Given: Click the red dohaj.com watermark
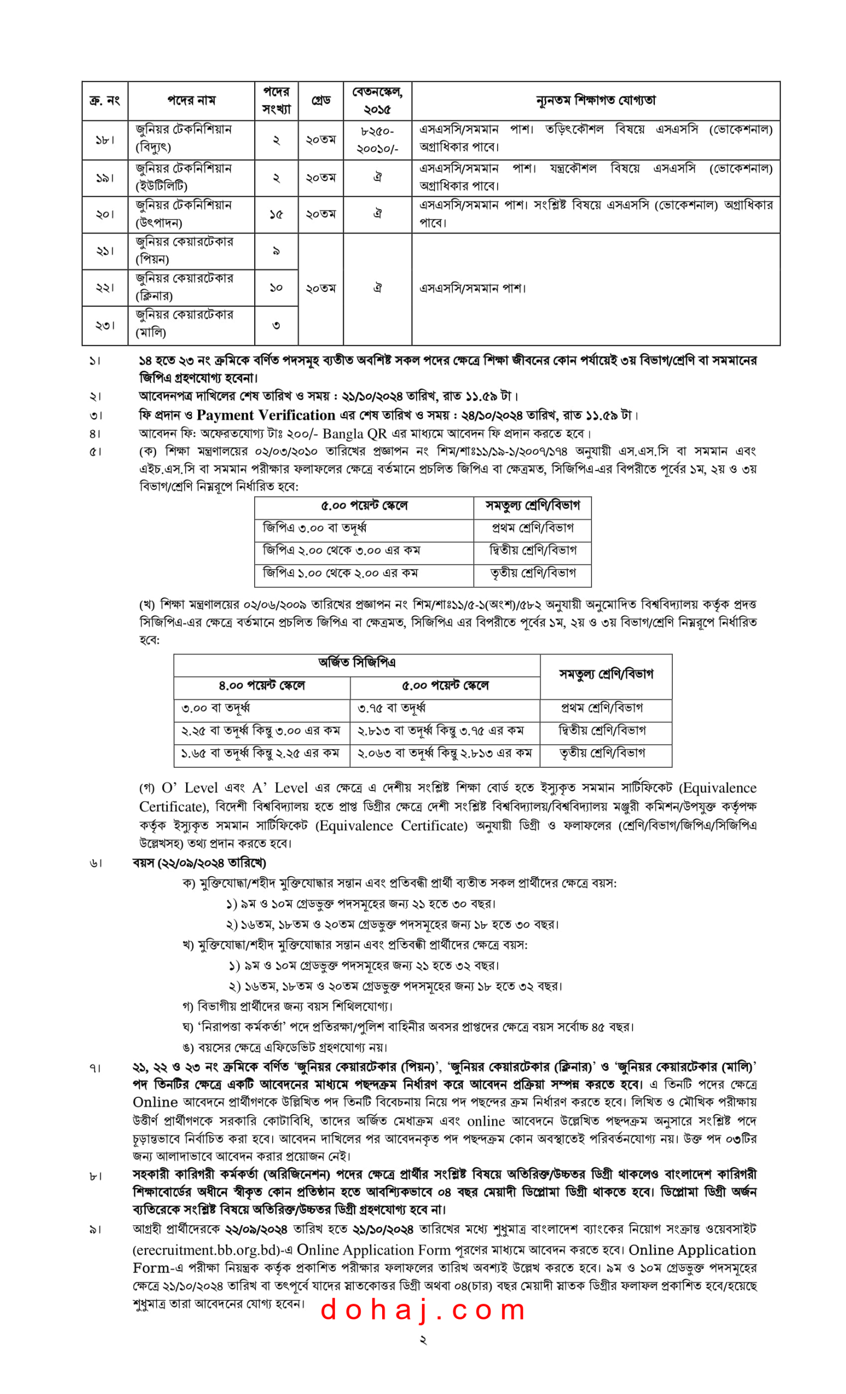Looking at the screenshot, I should tap(422, 1310).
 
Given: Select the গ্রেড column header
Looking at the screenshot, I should tap(321, 100).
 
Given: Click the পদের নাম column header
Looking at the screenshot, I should tap(191, 100).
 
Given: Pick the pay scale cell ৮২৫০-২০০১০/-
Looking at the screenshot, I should tap(377, 140).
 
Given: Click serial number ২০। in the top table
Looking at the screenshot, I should tap(105, 215).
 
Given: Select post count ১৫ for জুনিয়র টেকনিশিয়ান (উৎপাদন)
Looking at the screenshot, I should tap(276, 215).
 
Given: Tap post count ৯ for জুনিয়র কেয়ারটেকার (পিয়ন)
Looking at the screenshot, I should tap(276, 250).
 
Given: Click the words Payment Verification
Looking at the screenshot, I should tap(266, 415).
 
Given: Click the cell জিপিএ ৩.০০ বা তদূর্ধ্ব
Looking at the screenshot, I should tap(315, 528).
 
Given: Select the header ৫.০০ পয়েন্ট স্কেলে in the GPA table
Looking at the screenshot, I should tap(364, 506).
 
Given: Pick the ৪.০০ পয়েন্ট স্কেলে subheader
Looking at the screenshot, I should tap(262, 686).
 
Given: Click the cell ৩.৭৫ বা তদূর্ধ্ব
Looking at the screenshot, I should tap(391, 708).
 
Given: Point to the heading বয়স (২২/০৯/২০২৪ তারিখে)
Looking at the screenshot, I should tap(199, 863).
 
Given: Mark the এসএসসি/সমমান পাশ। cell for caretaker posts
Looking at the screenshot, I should tap(472, 289).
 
